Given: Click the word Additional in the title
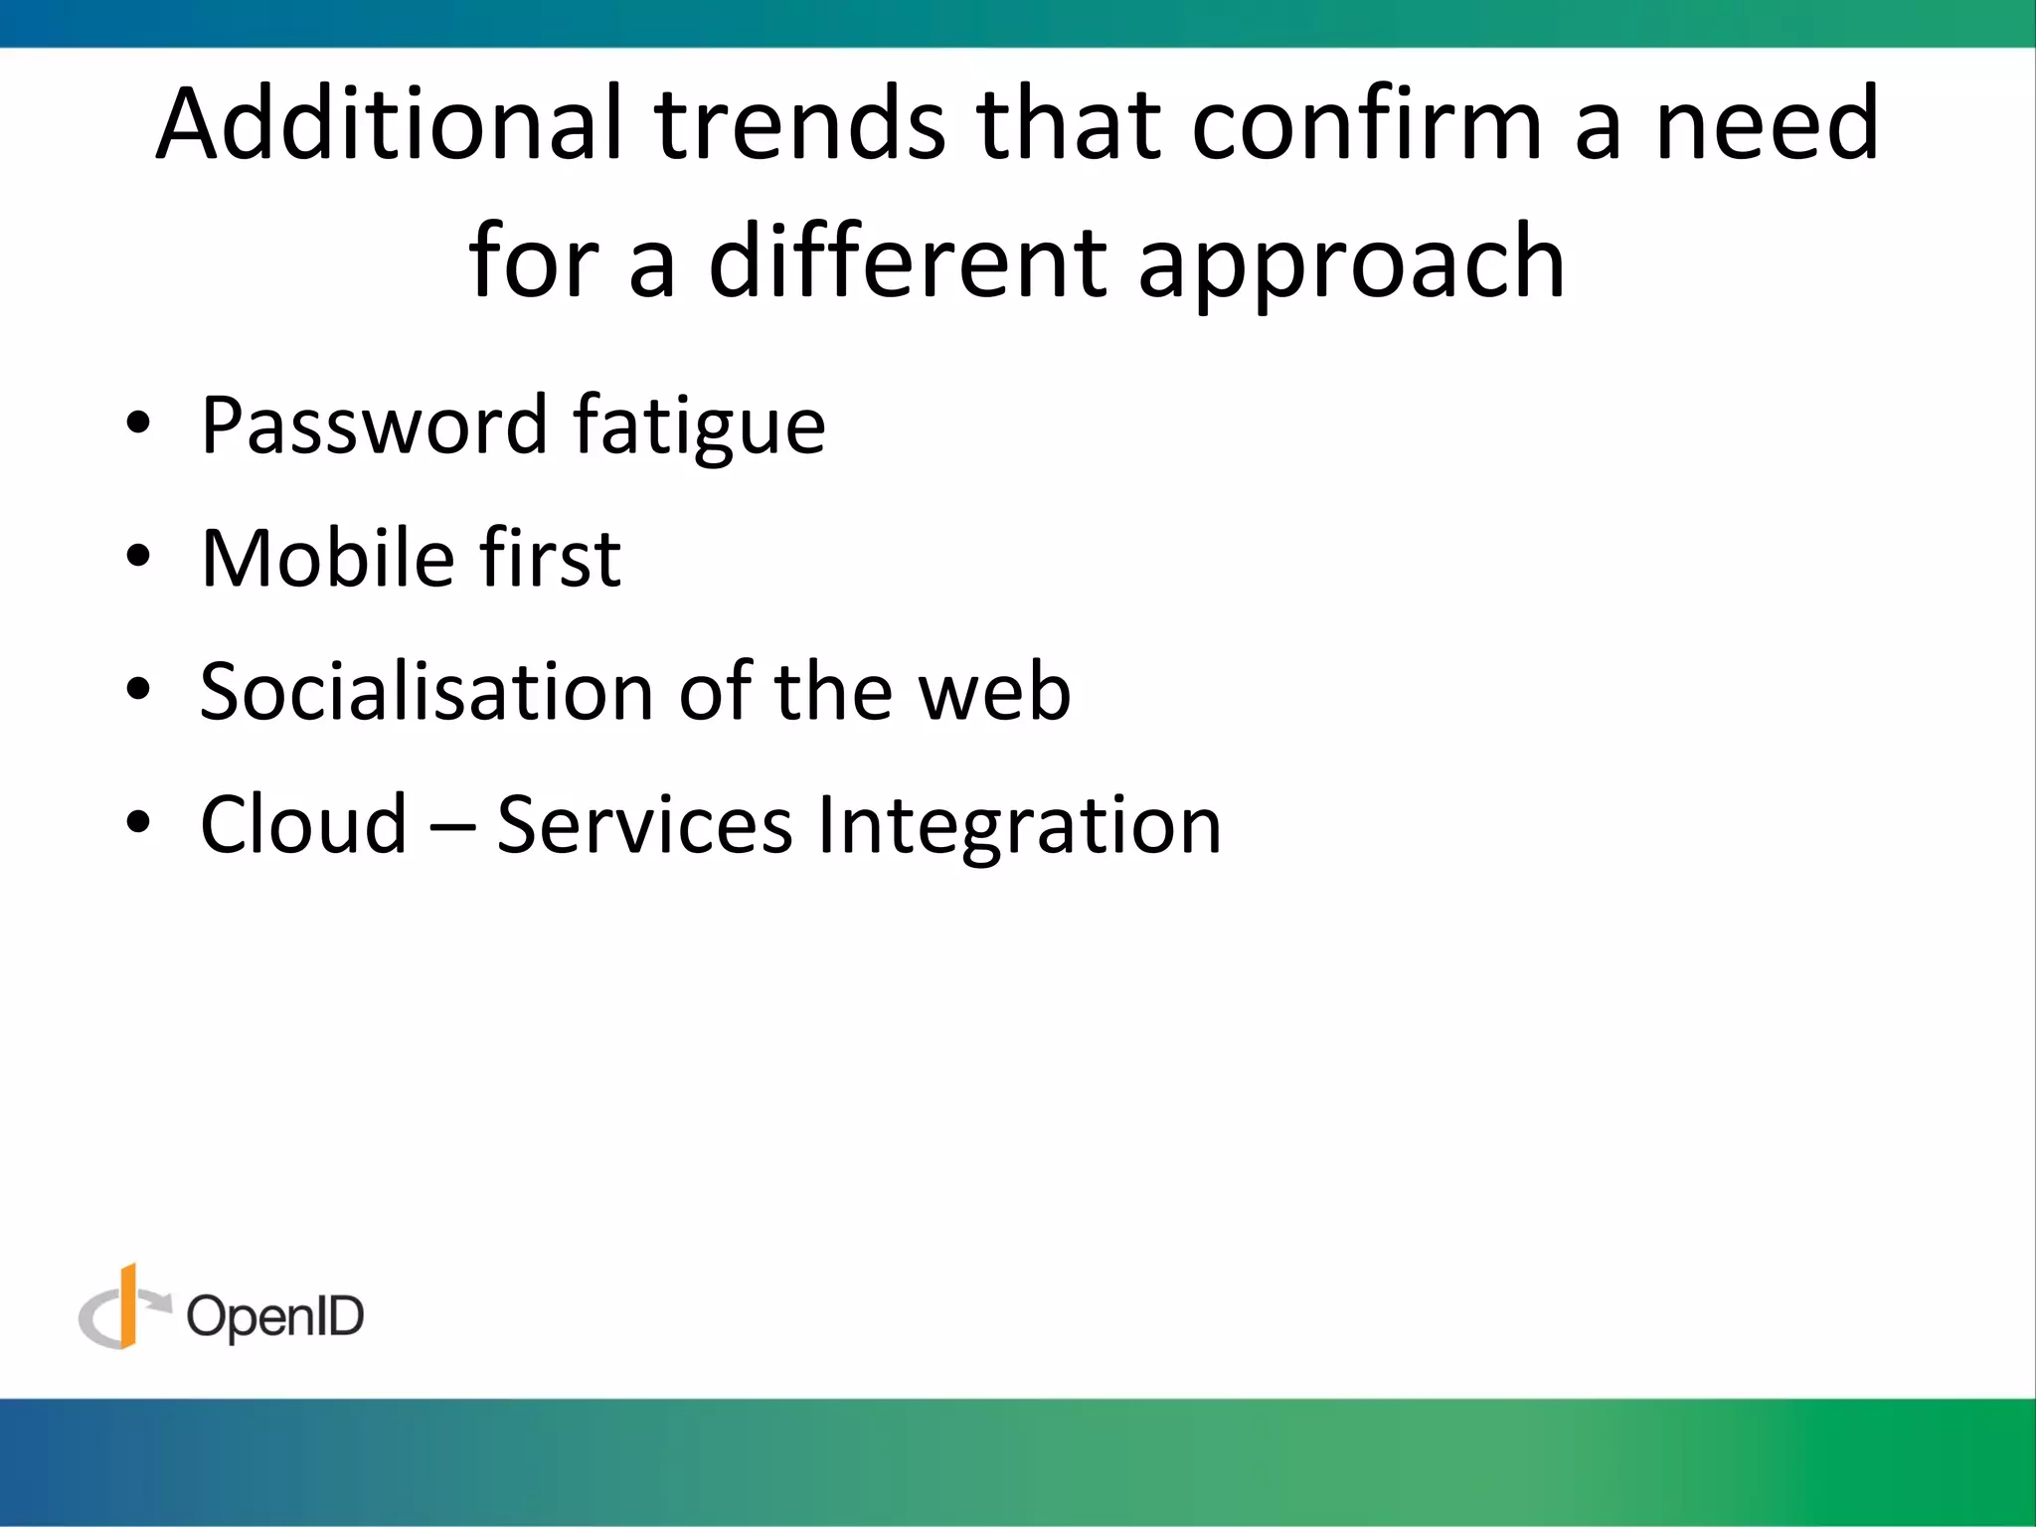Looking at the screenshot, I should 389,123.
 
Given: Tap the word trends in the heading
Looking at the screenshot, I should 799,123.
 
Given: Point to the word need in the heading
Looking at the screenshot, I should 1768,123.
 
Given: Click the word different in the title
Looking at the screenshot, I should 907,260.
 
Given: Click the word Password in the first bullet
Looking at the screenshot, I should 373,425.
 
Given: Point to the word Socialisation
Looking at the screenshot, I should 426,691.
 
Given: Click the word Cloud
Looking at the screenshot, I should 303,824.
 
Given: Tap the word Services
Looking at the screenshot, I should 644,824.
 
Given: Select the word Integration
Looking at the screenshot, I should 1019,826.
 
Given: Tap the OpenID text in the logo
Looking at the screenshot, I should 275,1317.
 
